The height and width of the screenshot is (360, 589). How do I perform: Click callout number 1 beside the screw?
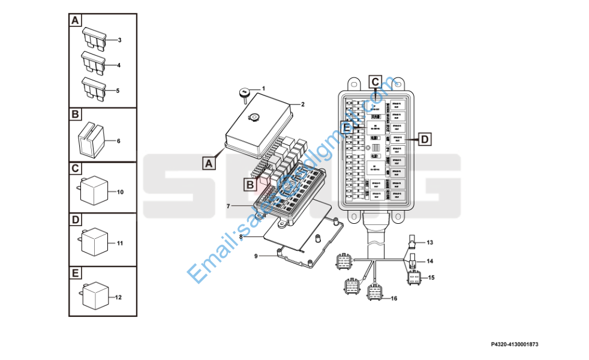263,89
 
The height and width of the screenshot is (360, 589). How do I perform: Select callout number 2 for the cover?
303,104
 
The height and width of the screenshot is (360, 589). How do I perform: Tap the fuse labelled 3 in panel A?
94,38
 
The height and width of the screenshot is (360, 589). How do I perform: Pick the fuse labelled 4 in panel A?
94,62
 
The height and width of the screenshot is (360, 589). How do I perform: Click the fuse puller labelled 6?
91,139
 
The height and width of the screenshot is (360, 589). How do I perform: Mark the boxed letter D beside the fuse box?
424,140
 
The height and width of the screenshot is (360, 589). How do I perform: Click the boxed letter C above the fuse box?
374,81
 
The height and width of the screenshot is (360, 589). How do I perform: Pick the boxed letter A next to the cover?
208,163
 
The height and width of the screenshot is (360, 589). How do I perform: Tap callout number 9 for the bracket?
256,256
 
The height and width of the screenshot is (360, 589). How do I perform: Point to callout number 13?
429,242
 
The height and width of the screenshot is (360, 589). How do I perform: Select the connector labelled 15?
414,278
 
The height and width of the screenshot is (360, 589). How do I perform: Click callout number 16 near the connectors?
394,298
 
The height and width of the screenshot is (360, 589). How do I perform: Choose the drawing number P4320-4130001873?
514,344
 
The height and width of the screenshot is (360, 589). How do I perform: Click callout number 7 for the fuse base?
229,206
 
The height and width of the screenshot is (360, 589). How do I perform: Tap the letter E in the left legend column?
75,274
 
